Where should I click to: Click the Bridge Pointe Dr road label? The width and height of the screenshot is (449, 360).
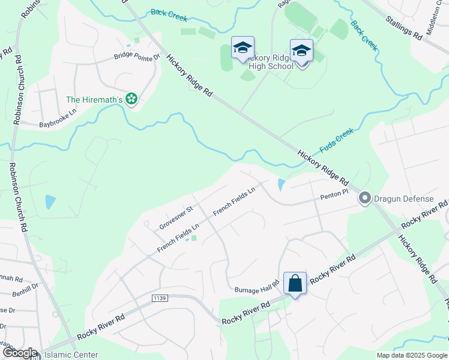[137, 58]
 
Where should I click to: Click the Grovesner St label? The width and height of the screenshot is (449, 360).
[175, 217]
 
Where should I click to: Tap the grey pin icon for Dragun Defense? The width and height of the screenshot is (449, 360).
[364, 198]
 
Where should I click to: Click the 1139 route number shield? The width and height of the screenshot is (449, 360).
[159, 298]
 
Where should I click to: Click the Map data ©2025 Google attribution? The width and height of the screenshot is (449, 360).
[411, 355]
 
